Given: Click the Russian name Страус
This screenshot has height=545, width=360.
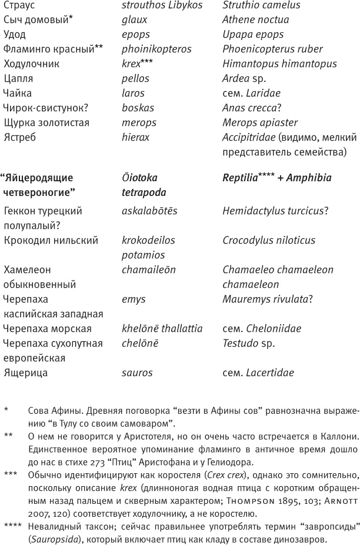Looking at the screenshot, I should (x=19, y=5).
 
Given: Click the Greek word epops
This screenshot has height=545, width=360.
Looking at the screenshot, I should (x=136, y=34).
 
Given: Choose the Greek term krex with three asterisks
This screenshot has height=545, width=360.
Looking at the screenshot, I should (x=137, y=64).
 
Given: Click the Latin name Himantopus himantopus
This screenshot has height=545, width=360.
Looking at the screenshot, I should (x=280, y=64).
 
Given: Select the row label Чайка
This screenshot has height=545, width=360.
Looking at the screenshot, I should (x=18, y=93).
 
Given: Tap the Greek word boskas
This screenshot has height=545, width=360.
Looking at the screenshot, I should (x=138, y=108).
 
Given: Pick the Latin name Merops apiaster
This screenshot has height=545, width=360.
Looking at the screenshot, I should (x=260, y=122).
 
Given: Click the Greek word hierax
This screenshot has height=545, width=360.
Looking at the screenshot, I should (x=135, y=137).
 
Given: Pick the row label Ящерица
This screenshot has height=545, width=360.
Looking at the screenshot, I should (x=25, y=373).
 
